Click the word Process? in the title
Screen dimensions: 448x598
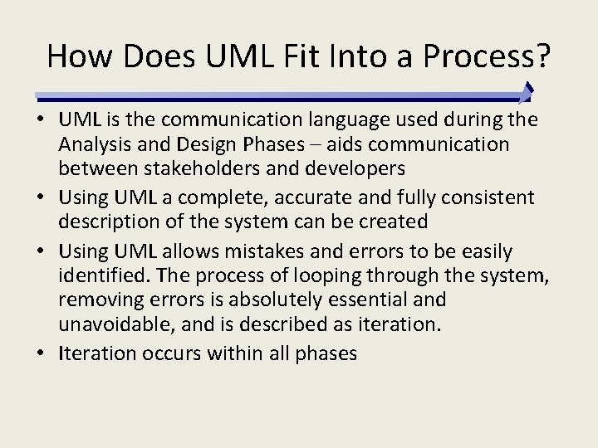click(x=488, y=56)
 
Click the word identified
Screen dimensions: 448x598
click(x=104, y=275)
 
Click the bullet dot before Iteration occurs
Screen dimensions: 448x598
click(x=42, y=353)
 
